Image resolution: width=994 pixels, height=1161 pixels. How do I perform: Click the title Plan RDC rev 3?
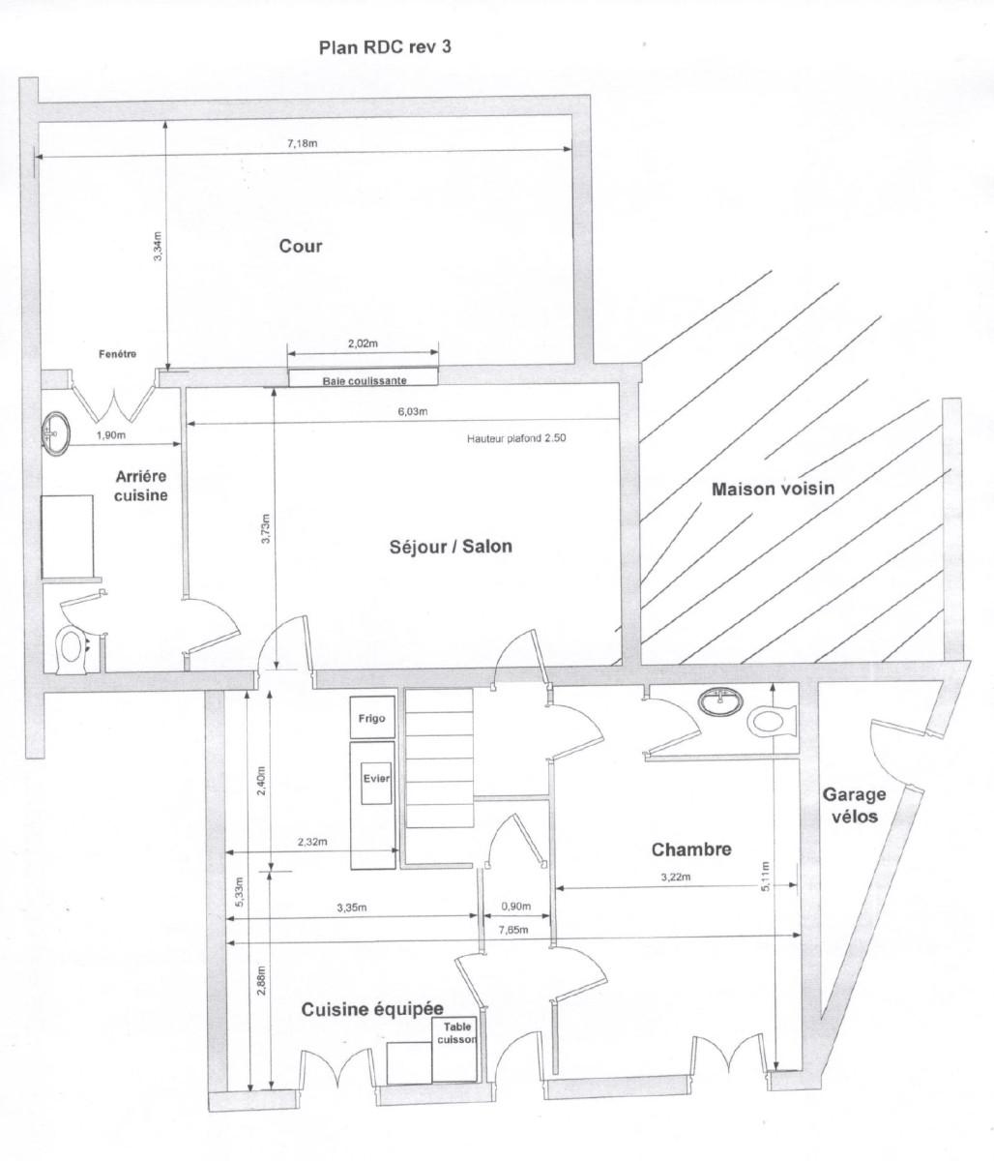[x=384, y=46]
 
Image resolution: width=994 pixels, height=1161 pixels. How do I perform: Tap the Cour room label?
[x=301, y=246]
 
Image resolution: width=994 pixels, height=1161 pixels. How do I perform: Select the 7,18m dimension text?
[x=303, y=144]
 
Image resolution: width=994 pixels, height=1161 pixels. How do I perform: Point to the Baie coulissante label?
[x=364, y=381]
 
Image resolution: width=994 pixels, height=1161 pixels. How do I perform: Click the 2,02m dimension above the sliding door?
[x=364, y=343]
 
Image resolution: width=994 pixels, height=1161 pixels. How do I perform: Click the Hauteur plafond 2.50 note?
[x=516, y=438]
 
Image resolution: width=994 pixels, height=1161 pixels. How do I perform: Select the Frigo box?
[x=372, y=718]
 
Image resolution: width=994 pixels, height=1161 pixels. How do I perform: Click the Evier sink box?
[x=375, y=777]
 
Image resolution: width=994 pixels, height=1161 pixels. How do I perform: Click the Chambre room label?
[x=690, y=849]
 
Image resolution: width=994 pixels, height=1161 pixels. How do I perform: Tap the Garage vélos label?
[x=853, y=805]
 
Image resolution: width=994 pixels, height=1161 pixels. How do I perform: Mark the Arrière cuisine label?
[x=142, y=486]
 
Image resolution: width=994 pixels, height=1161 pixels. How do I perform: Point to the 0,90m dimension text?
[x=515, y=907]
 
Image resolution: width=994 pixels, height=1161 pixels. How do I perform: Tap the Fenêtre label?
[x=117, y=354]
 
